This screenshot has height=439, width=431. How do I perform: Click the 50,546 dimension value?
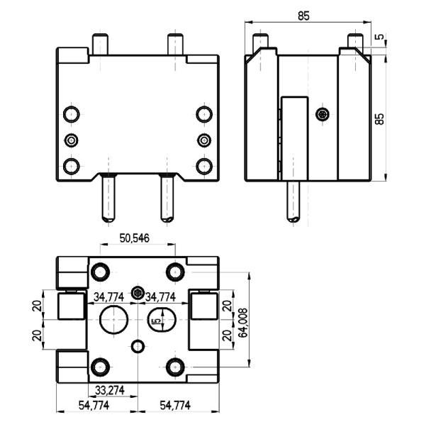(x=135, y=238)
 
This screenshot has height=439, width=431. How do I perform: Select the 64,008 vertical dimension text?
(x=242, y=323)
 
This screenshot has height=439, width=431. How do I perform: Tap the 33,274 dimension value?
(x=110, y=390)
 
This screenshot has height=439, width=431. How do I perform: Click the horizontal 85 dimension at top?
(x=303, y=16)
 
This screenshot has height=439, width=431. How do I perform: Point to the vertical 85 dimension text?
(x=379, y=119)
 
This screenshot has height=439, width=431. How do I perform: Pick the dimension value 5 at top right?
(x=380, y=37)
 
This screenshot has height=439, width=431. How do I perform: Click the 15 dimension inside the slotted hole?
(x=157, y=321)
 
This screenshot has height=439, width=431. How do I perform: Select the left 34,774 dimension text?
(x=108, y=296)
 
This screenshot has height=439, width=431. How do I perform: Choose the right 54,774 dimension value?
(x=175, y=405)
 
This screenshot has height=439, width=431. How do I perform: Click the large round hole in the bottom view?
(x=114, y=320)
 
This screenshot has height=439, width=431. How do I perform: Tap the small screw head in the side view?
(x=323, y=114)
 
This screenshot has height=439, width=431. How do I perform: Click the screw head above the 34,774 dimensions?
(x=138, y=293)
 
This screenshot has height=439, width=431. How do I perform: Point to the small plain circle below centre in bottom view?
(x=138, y=346)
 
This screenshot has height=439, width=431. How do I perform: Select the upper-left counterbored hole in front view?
(x=72, y=114)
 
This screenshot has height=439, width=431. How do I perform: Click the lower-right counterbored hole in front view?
(x=204, y=166)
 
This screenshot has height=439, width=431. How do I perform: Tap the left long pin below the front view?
(x=108, y=198)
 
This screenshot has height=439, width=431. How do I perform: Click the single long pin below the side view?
(x=293, y=201)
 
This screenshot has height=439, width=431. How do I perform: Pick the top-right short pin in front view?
(x=175, y=44)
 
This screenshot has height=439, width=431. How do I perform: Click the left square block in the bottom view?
(x=71, y=306)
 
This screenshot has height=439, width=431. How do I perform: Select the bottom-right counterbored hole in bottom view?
(x=175, y=367)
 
